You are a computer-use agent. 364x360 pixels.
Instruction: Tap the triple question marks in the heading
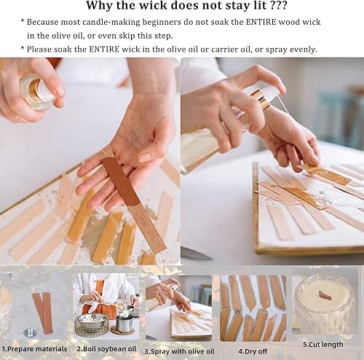point(268,7)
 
